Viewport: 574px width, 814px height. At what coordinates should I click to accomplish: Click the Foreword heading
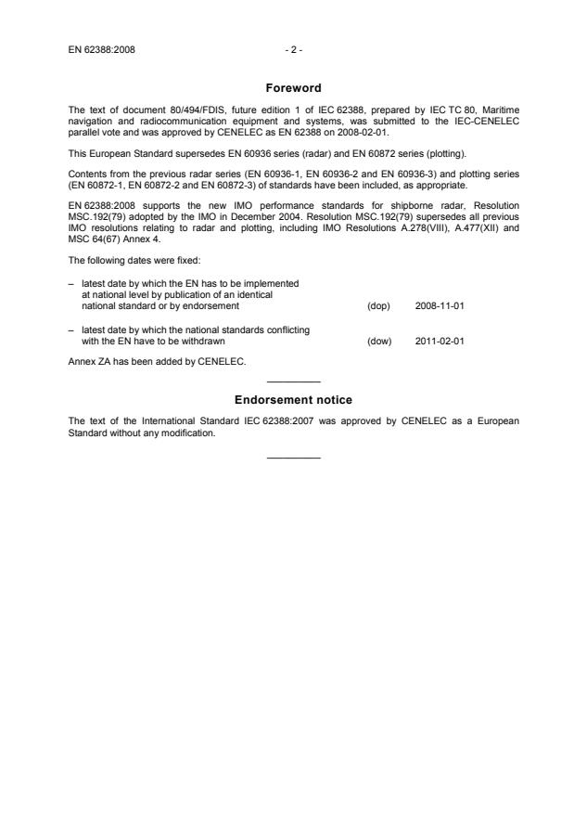(x=292, y=89)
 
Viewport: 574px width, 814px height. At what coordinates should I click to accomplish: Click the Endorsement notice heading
(x=292, y=400)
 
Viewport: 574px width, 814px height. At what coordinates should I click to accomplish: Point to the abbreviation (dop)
(x=379, y=305)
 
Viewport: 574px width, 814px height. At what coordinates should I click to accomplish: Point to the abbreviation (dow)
(x=379, y=341)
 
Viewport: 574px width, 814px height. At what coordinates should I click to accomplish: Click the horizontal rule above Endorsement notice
(x=293, y=382)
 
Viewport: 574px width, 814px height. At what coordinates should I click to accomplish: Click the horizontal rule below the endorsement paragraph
(x=293, y=457)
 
